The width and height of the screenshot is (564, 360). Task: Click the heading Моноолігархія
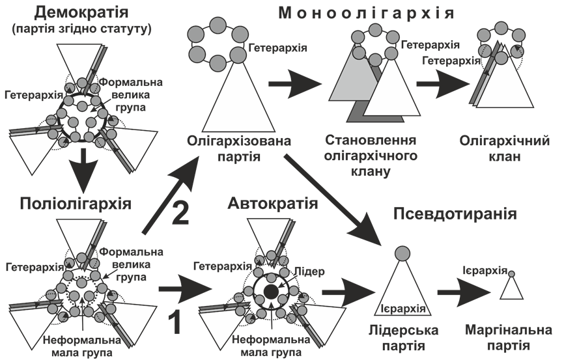click(x=366, y=12)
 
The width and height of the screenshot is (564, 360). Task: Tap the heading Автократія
click(x=273, y=204)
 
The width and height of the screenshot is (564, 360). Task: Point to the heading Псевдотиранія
click(x=455, y=213)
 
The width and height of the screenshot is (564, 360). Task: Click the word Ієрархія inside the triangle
click(x=402, y=308)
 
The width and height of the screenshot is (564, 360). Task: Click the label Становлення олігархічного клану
click(x=371, y=156)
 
